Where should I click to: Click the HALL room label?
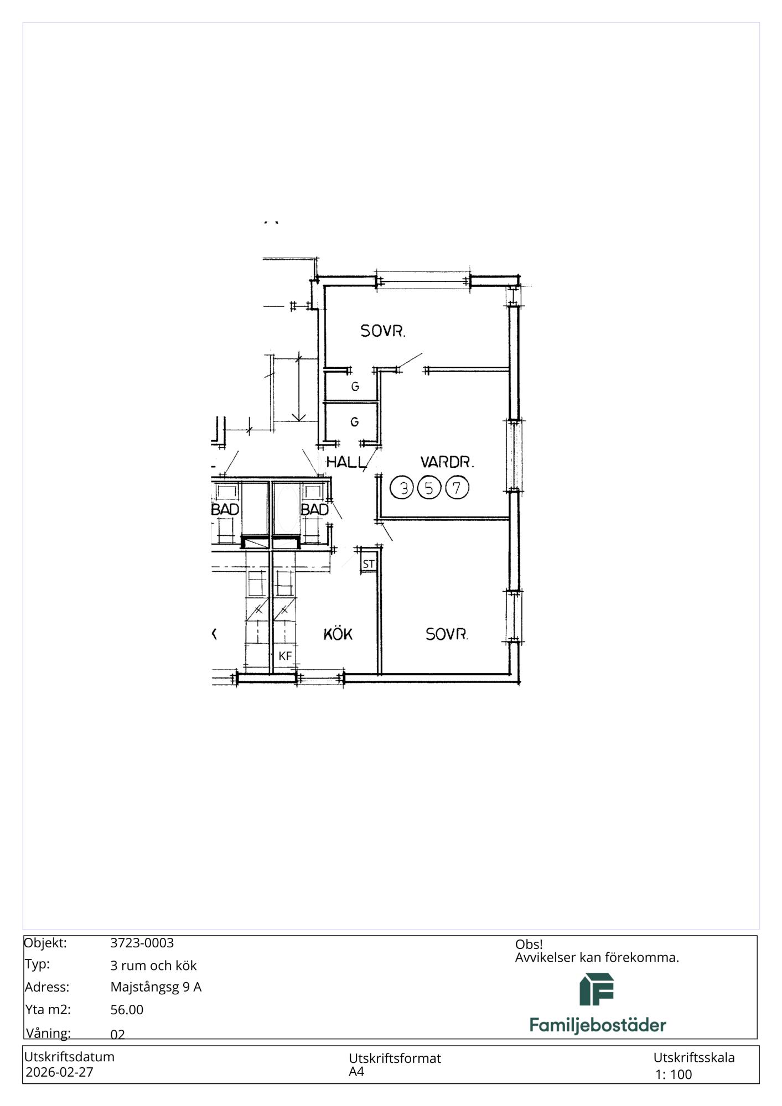pos(346,462)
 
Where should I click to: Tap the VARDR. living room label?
pos(447,462)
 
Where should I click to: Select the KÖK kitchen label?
pos(338,634)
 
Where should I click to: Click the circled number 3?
pos(402,488)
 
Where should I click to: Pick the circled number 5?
pos(429,488)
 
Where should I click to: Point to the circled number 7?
pos(457,488)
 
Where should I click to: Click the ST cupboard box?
pos(369,564)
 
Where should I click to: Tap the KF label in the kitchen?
pos(285,656)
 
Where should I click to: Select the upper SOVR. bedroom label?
pos(383,331)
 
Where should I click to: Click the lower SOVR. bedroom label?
pos(447,634)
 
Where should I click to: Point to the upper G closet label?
pos(355,387)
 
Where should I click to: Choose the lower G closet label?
pos(355,422)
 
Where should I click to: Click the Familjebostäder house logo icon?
pos(597,989)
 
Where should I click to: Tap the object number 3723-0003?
pos(142,943)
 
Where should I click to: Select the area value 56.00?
pos(127,1010)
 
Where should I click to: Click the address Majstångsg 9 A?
pos(156,987)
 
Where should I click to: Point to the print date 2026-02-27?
pos(59,1072)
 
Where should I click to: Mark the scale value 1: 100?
pos(674,1074)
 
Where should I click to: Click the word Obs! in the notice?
pos(529,945)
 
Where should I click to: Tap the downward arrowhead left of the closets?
pos(299,416)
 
